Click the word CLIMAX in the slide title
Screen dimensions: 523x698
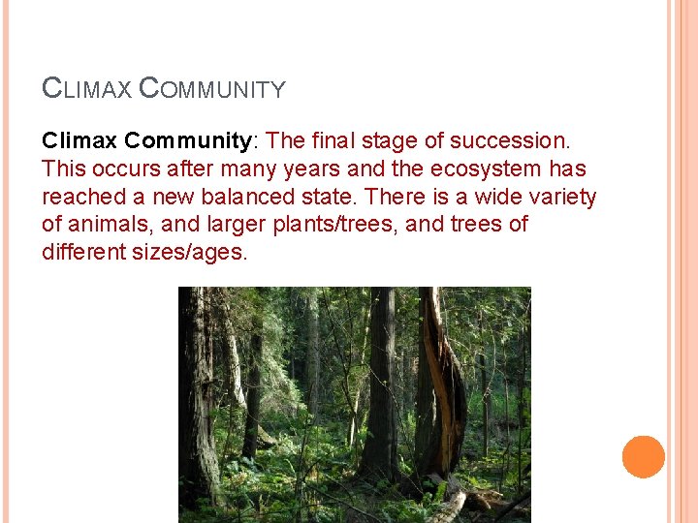(x=86, y=89)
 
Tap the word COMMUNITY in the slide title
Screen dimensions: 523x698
(x=212, y=89)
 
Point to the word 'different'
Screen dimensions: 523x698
(x=85, y=254)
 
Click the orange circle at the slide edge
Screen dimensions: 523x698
(x=644, y=457)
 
